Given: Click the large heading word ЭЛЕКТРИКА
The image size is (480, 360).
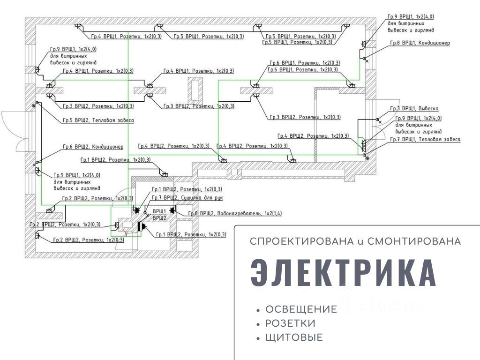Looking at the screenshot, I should pos(344,273).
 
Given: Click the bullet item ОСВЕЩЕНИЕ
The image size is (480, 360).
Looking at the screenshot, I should pos(301,309).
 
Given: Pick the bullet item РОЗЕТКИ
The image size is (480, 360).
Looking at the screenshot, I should pos(290,323).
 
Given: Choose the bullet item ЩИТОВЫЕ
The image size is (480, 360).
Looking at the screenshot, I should pos(294,337).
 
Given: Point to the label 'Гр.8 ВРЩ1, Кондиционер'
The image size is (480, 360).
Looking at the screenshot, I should pos(419,43).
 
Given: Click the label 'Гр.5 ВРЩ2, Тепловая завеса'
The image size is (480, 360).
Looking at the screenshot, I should pos(98,120).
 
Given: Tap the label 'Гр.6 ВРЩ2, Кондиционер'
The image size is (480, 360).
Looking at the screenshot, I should pos(94,147).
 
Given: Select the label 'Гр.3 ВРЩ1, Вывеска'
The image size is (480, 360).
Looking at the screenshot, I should pos(414,108).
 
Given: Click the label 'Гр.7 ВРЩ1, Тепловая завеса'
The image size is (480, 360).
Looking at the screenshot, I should pos(424,140).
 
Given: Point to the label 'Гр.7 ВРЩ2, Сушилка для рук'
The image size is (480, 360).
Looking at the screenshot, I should pos(187,198).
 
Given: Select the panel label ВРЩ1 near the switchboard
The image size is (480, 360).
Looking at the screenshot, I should pos(159,211).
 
